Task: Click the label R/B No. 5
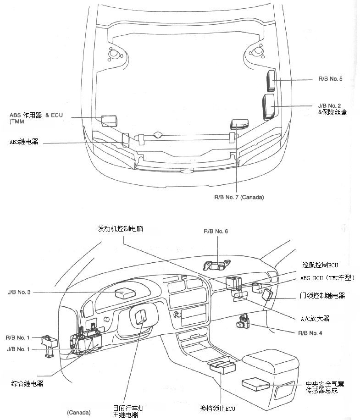330,79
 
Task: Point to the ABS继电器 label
24,142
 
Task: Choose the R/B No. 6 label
216,231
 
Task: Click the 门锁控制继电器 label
326,296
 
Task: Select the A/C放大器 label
315,318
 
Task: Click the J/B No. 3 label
19,292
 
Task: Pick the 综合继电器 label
28,383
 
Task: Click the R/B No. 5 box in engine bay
271,79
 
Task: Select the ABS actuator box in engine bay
109,121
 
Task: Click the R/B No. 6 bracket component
217,265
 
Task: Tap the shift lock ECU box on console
222,365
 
